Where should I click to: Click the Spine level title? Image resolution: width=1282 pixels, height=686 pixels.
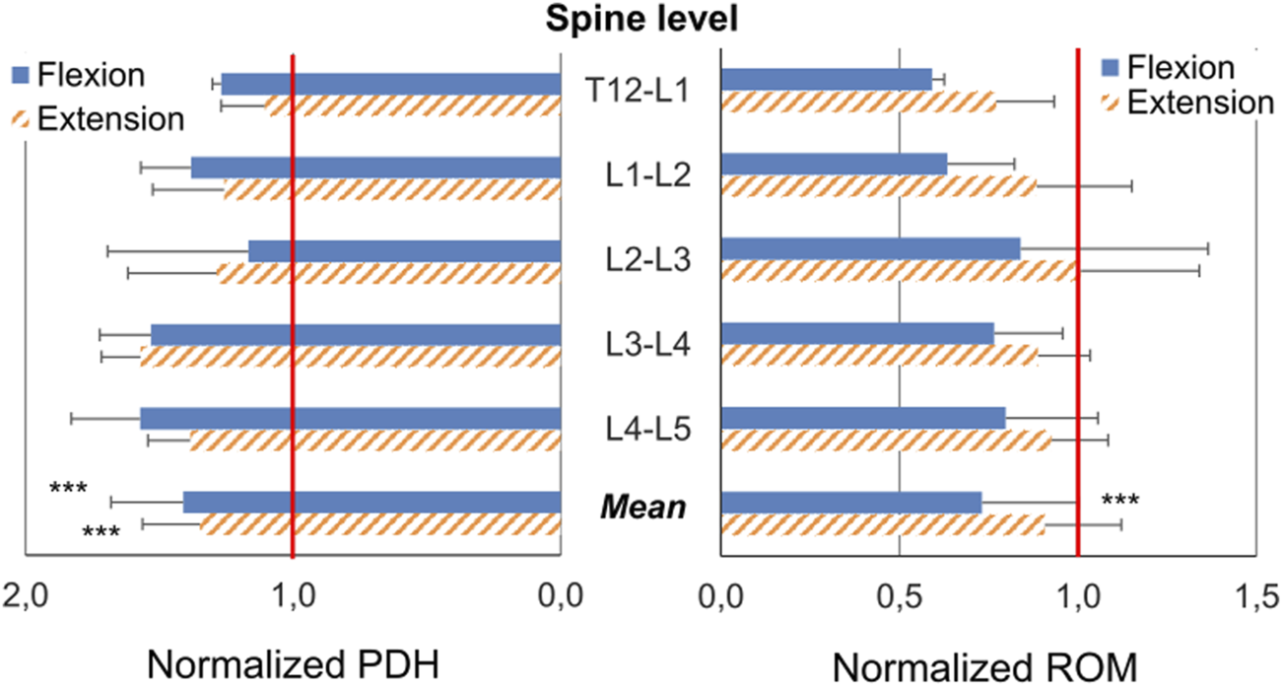click(x=641, y=20)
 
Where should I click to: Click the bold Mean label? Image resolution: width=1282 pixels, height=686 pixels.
click(x=642, y=509)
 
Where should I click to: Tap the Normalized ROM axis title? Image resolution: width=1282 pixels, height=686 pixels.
click(x=985, y=666)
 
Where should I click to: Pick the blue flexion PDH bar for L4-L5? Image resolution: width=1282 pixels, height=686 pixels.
click(x=350, y=418)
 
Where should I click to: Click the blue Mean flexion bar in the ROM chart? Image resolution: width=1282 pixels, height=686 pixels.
click(x=851, y=503)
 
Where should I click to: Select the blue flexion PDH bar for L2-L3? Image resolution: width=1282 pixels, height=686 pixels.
click(x=404, y=250)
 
